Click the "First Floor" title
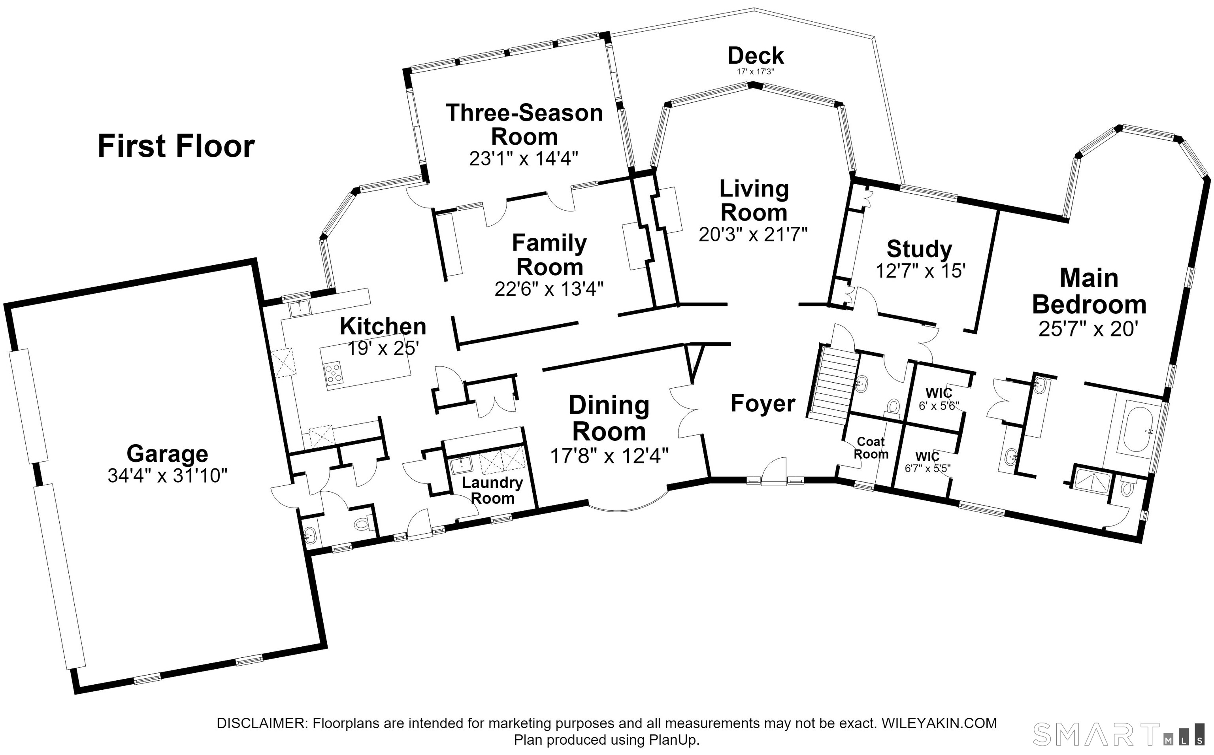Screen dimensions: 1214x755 pyautogui.click(x=176, y=146)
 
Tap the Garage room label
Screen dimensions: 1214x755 pyautogui.click(x=167, y=453)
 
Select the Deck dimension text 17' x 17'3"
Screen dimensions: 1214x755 pyautogui.click(x=755, y=72)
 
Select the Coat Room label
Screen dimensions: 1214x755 pyautogui.click(x=871, y=448)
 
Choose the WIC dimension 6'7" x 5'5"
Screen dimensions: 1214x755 pyautogui.click(x=928, y=468)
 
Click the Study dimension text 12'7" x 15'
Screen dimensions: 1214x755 pyautogui.click(x=920, y=271)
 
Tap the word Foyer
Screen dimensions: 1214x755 pyautogui.click(x=763, y=404)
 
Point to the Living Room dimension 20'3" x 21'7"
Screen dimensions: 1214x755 pyautogui.click(x=753, y=234)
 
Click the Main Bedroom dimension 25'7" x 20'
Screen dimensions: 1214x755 pyautogui.click(x=1088, y=329)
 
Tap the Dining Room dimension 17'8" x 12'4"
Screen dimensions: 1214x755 pyautogui.click(x=609, y=455)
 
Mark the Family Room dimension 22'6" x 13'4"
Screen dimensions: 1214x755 pyautogui.click(x=549, y=289)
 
